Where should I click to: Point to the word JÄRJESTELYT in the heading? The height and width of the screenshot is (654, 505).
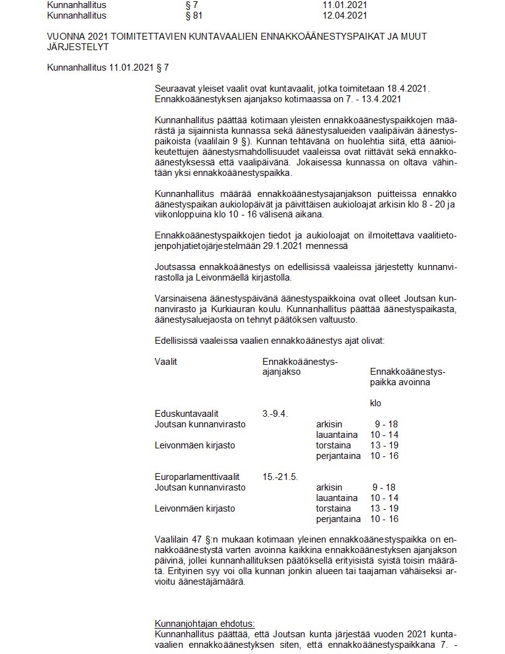[78, 46]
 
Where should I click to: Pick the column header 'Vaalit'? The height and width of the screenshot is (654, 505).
[166, 361]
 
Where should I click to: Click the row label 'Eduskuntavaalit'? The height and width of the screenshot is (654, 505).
[186, 414]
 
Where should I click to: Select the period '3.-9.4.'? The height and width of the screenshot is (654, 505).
[275, 414]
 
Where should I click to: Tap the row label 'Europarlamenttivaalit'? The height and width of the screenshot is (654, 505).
[197, 477]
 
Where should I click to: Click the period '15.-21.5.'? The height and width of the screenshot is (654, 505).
[280, 477]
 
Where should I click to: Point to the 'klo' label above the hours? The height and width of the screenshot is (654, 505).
[376, 403]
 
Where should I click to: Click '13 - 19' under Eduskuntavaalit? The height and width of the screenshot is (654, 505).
[384, 445]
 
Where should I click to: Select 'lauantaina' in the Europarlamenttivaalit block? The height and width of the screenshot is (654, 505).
[337, 498]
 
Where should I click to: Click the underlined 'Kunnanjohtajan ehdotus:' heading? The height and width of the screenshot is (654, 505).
[204, 624]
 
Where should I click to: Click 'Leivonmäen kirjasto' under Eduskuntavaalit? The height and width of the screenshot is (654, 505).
[194, 445]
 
